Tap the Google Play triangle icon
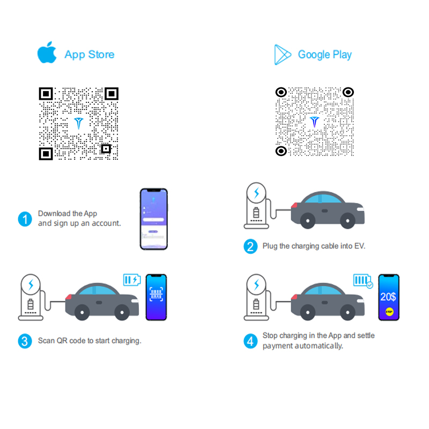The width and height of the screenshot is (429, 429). pos(282,55)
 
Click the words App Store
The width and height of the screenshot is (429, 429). pos(89,55)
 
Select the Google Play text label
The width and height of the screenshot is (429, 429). pos(325,55)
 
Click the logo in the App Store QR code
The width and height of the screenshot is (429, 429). pos(79,123)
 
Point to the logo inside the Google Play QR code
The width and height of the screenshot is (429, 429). pos(314,122)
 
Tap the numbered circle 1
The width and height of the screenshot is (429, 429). pos(25,219)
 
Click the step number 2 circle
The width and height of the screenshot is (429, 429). pos(250,246)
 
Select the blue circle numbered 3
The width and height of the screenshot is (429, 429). pos(25,341)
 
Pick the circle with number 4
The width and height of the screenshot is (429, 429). pos(250,341)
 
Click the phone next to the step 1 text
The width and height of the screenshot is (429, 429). pos(154,219)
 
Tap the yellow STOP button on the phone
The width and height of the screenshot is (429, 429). pos(389,312)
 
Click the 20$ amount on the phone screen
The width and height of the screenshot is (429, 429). pos(388,297)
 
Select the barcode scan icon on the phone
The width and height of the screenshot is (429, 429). pos(156,294)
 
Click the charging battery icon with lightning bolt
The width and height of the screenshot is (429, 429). pos(132,280)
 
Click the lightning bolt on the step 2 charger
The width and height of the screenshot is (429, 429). pos(256,193)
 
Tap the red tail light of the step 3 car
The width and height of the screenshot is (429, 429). pos(69,297)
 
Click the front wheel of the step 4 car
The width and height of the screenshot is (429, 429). pos(347,312)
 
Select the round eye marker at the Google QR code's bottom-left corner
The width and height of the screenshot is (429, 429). pos(281,151)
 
